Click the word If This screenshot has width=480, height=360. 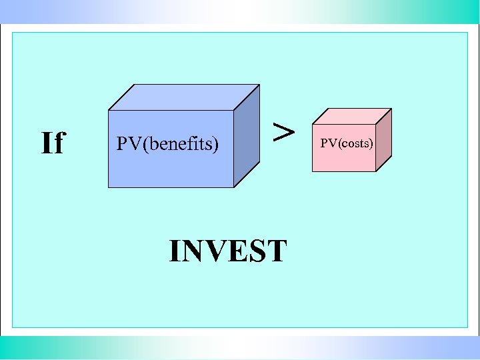53,143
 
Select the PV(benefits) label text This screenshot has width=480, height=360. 167,143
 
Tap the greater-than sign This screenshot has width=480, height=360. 284,131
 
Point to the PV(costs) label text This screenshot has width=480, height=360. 347,143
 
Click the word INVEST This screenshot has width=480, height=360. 228,251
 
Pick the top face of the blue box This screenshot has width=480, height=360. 183,97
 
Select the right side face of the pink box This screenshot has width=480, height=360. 384,139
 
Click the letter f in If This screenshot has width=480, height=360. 59,142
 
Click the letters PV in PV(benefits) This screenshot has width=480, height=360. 125,143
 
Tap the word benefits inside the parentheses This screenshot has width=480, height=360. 177,143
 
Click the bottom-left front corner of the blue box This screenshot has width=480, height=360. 109,187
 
